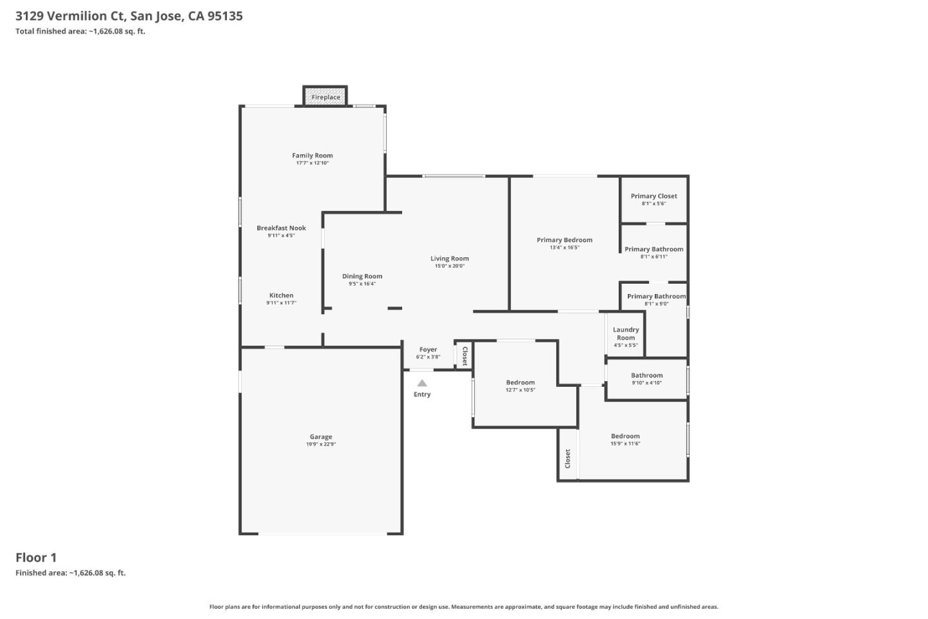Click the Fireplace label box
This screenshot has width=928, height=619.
pos(325,97)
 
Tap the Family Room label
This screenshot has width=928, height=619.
pos(313,155)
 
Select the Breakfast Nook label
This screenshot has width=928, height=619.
pos(281,228)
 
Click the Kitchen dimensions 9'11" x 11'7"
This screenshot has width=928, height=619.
pos(281,303)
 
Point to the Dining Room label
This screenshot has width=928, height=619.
pos(362,277)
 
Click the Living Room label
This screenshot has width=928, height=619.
pos(450,259)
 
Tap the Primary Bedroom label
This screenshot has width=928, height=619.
pos(565,240)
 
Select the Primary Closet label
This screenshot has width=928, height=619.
pos(653,196)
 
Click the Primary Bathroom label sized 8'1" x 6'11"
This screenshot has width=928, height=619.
pos(653,250)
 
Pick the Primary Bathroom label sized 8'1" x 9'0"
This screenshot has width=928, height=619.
pos(656,297)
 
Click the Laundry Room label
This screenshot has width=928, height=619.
pos(626,333)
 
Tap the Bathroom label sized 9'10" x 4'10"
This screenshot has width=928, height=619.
pos(646,375)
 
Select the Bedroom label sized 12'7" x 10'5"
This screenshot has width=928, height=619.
pos(520,382)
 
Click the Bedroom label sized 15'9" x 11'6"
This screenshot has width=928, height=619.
pos(625,437)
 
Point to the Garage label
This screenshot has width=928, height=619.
pos(321,437)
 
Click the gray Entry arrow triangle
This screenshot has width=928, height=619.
pos(422,383)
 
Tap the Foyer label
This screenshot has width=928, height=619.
pos(428,349)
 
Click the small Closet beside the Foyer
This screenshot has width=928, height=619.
pos(464,355)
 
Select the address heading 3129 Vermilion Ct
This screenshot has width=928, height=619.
pos(129,16)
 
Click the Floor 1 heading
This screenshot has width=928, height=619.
pos(36,558)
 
